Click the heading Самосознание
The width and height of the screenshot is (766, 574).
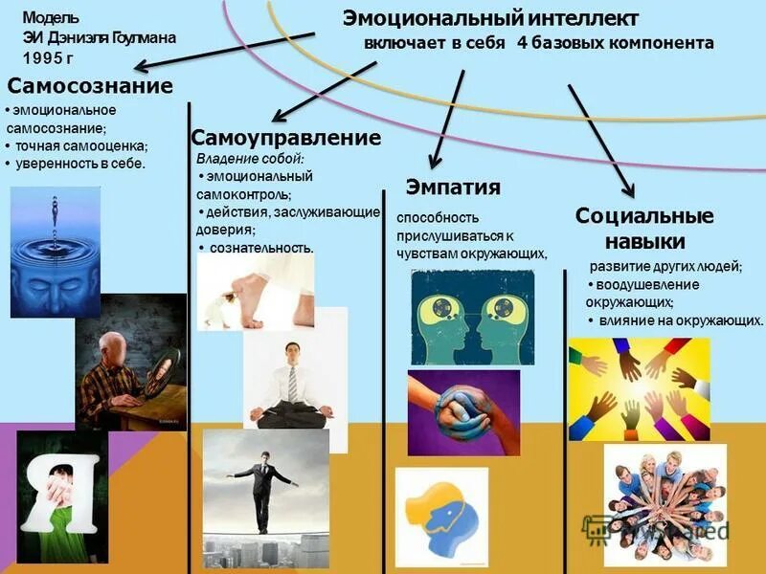[x=90, y=86]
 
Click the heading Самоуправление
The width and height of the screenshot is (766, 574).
[x=286, y=138]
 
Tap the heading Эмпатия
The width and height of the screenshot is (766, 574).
[x=453, y=186]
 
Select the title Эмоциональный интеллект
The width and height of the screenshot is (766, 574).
[x=490, y=18]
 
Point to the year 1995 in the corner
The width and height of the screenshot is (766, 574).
[x=47, y=56]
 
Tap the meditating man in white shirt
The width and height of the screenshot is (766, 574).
[x=293, y=368]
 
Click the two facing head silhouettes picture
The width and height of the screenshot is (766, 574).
[x=472, y=317]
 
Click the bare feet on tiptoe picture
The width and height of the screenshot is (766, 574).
[x=256, y=292]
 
